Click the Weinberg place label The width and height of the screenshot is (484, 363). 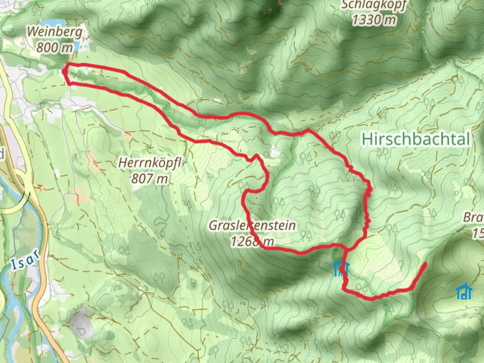coord(54,32)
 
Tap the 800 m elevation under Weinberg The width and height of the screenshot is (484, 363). coord(54,47)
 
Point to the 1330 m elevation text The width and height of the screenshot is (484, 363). coord(374,20)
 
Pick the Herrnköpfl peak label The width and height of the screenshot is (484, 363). coord(150,164)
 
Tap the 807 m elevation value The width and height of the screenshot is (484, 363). coord(149,178)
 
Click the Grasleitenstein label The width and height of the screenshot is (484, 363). coord(252,225)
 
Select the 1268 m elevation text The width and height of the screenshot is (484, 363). coord(252,241)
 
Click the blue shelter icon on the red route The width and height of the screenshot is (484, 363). coord(341,269)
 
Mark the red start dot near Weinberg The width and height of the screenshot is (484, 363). coord(64,71)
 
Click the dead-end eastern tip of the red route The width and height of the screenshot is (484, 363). coord(425,263)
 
